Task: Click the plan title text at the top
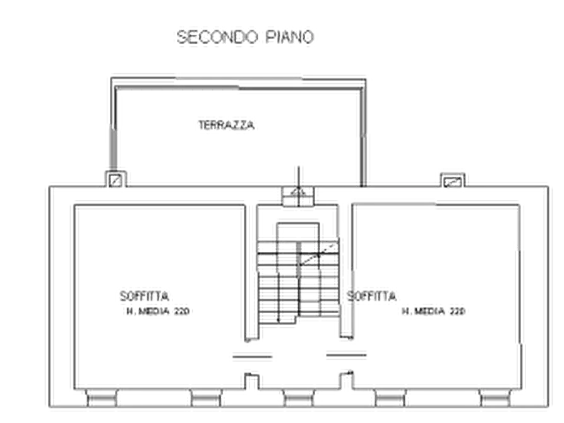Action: [x=243, y=37]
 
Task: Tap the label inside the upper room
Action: [x=229, y=124]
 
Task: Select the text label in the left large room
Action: [x=155, y=302]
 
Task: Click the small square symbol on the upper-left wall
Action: [x=116, y=179]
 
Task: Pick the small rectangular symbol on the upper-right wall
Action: [x=454, y=179]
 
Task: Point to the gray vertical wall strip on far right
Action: [x=548, y=297]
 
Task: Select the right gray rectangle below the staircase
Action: [x=345, y=357]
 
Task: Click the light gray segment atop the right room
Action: [x=394, y=204]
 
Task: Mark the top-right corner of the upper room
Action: [x=364, y=77]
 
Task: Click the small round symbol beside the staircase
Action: [x=251, y=377]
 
